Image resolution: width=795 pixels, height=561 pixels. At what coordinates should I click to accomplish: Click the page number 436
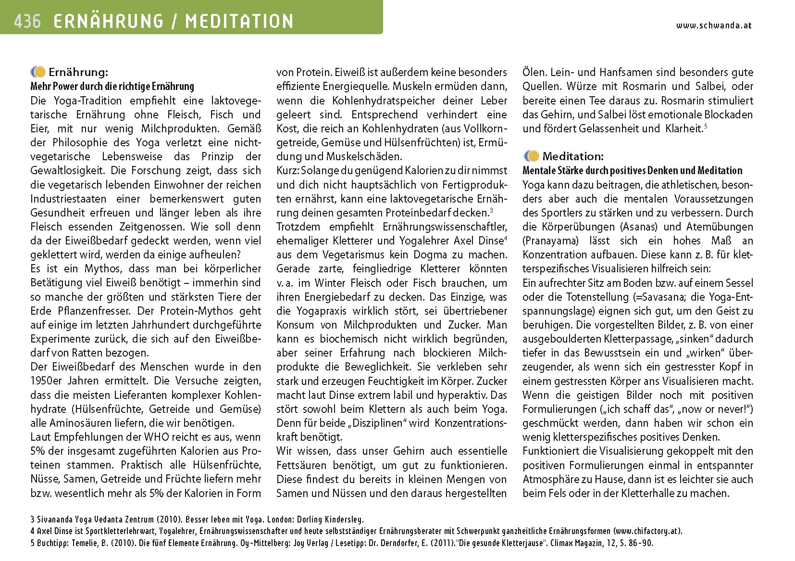27,21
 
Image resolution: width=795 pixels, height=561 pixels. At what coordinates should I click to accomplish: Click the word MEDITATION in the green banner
239,21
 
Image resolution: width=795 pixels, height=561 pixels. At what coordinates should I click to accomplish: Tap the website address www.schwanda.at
713,25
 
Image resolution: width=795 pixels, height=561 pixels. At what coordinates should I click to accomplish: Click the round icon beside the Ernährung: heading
38,72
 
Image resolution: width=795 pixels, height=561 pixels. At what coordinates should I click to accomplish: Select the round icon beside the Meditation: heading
532,156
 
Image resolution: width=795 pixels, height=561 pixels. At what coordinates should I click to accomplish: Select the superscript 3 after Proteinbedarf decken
491,210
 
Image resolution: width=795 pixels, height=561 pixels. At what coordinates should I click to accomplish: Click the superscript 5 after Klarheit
705,127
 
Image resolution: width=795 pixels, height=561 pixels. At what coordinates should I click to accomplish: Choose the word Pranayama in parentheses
547,241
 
